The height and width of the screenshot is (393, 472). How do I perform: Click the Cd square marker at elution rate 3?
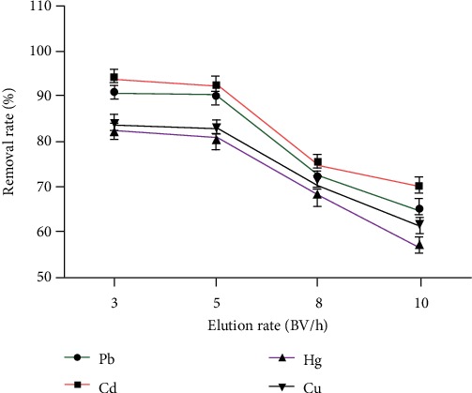point(114,78)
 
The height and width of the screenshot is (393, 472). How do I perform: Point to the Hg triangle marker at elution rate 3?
point(114,132)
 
